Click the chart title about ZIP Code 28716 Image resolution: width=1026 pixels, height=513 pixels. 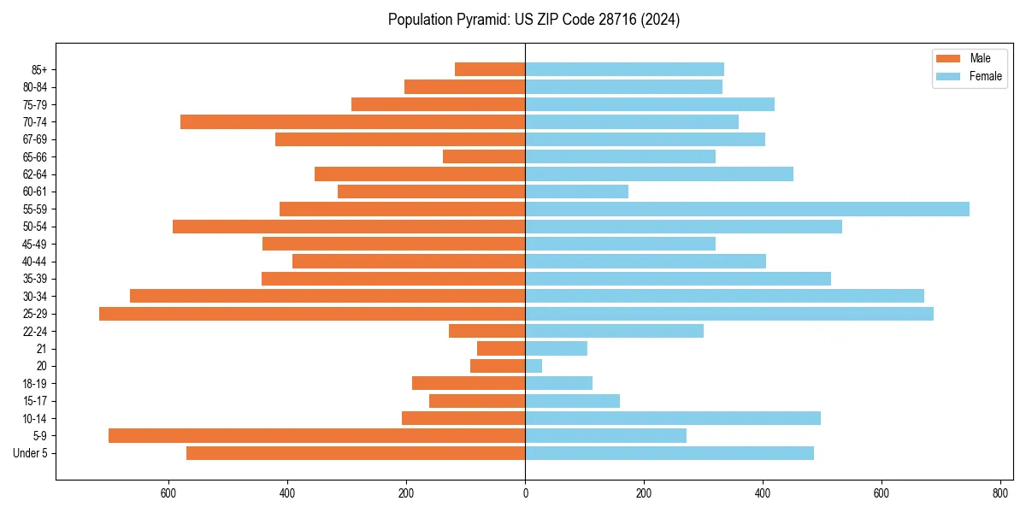(x=534, y=20)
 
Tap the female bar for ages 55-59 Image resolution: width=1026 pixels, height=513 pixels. (x=747, y=209)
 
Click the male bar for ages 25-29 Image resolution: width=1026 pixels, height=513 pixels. (x=312, y=314)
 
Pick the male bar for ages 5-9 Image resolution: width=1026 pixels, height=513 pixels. (x=316, y=435)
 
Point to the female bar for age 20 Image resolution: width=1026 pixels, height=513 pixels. (x=534, y=366)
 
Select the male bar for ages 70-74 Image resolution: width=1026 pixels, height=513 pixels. (x=352, y=121)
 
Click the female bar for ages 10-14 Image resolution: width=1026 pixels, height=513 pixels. (x=673, y=418)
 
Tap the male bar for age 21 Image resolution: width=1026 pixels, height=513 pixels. (x=501, y=348)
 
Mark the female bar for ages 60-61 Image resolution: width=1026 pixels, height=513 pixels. (x=577, y=192)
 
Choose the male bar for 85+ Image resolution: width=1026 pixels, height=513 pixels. (x=490, y=69)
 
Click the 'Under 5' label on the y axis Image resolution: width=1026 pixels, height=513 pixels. (x=31, y=453)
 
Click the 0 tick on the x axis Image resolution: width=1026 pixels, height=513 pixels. (x=525, y=493)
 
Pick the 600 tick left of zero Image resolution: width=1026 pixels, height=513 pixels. (x=168, y=493)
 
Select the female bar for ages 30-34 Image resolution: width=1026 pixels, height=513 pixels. (x=724, y=296)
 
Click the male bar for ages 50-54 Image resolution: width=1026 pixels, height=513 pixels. (x=349, y=227)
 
